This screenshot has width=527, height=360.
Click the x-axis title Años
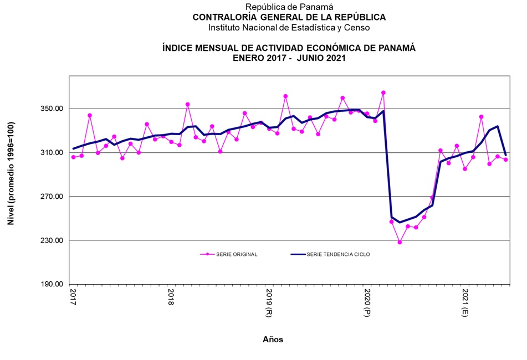click(273, 340)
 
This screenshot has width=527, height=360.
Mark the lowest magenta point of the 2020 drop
click(400, 242)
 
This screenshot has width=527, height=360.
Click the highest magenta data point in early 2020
click(383, 92)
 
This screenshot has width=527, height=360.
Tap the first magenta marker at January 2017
click(73, 157)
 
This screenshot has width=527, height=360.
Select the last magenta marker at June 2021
click(505, 160)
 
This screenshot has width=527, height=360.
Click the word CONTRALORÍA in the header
click(227, 17)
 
